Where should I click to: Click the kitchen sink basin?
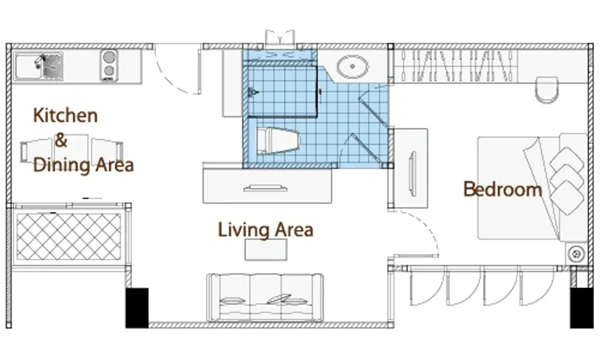38,67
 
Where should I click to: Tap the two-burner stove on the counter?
109,65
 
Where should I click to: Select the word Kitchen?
65,115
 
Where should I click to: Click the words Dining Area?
83,165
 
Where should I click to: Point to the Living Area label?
266,229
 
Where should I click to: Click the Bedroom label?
502,189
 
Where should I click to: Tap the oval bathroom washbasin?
352,67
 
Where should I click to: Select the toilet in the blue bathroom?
277,141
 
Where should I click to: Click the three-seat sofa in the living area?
264,297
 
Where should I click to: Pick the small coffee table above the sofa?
266,250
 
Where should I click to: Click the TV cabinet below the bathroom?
267,186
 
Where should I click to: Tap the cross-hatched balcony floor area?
69,237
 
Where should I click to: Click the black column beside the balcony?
137,308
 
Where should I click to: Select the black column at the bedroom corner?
582,308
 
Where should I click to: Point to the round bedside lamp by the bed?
576,254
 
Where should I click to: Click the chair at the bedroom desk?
547,89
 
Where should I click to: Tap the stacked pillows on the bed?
567,181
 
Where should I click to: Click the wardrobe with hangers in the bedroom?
456,66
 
